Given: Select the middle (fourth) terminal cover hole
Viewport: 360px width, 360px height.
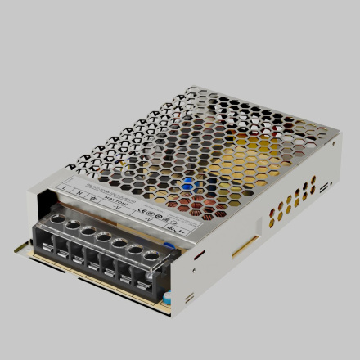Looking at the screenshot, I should pos(103,237).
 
